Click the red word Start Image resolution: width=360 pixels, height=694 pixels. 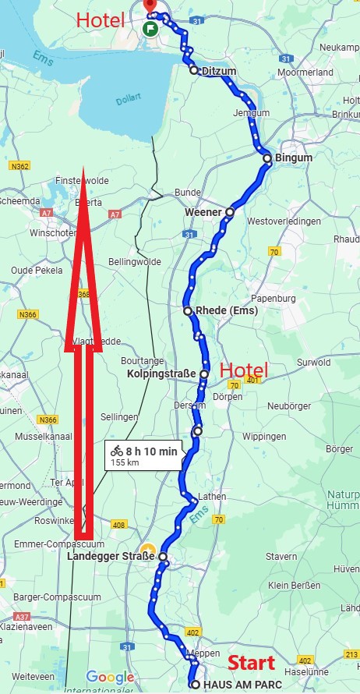tap(251, 663)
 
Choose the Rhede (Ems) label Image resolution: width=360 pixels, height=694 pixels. tap(226, 310)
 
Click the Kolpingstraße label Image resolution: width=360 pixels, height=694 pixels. tap(161, 374)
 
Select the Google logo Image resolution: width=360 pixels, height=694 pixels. tap(110, 677)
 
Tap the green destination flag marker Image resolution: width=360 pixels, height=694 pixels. tap(149, 28)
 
